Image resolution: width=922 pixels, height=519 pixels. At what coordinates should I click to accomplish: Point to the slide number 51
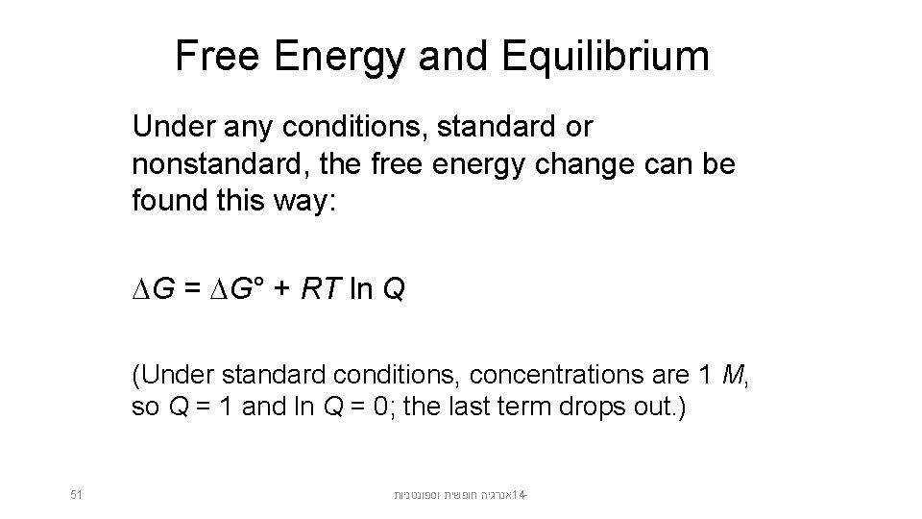pyautogui.click(x=77, y=495)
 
